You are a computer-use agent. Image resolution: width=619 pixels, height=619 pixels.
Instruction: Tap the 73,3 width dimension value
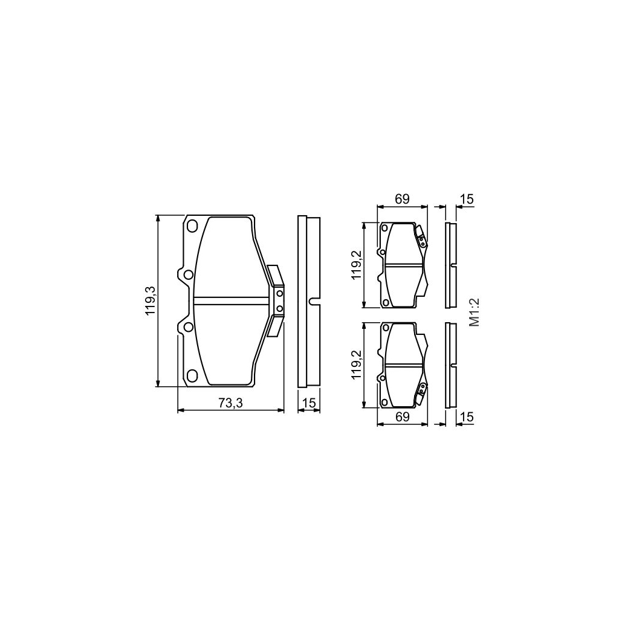point(230,404)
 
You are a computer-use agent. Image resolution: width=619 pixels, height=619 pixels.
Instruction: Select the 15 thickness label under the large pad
point(309,404)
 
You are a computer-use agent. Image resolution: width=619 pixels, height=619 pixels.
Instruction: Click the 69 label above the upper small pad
point(403,198)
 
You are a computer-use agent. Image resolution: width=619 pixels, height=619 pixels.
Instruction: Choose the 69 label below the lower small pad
point(403,416)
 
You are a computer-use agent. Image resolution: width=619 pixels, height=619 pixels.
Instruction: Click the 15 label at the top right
point(466,198)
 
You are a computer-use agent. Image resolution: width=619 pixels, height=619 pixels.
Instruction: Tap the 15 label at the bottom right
point(466,416)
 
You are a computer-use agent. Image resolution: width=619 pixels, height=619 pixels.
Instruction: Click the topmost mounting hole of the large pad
point(193,227)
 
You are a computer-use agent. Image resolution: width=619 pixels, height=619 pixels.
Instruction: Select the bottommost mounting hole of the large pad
point(193,375)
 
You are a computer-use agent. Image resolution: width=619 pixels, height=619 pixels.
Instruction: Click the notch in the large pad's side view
point(312,300)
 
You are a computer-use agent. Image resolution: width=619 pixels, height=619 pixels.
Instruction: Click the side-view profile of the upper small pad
point(449,265)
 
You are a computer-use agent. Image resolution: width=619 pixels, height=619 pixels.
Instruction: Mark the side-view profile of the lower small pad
point(449,366)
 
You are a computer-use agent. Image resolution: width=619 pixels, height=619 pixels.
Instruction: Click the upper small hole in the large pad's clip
point(279,293)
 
